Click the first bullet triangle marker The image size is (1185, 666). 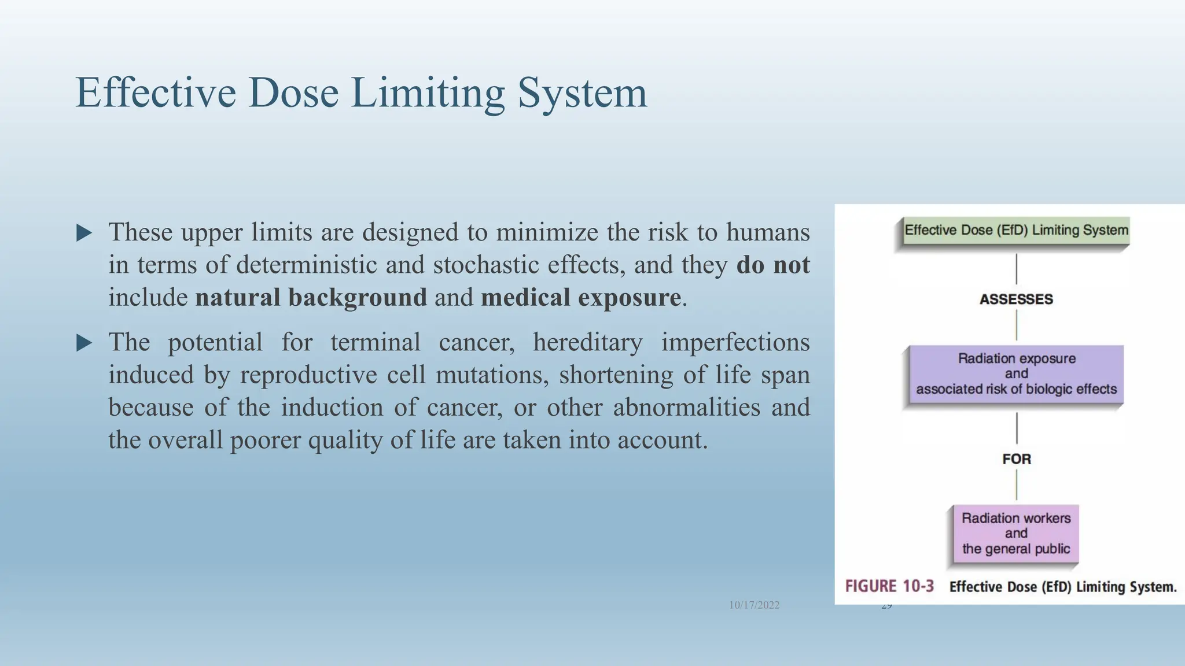[84, 233]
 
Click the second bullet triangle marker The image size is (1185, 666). [84, 343]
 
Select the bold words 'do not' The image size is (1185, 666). [772, 265]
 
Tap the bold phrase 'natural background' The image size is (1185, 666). [311, 298]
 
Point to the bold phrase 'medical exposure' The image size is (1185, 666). [580, 298]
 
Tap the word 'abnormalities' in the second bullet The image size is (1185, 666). [687, 408]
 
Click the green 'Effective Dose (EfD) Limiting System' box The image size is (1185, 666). [1015, 231]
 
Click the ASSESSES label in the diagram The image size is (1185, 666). [1016, 299]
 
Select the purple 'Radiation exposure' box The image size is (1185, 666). [1016, 373]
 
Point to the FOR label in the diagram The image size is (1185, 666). [1017, 459]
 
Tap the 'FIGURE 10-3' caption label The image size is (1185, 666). [889, 586]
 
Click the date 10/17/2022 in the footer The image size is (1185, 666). [754, 605]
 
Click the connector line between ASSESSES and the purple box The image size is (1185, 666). [1017, 325]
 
